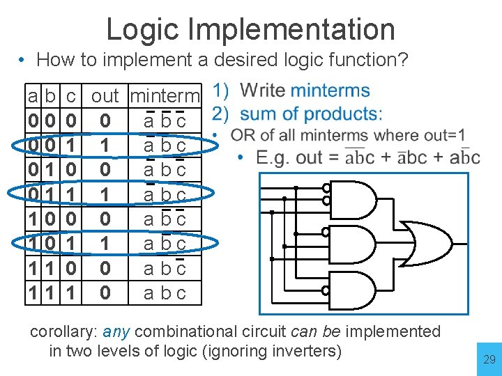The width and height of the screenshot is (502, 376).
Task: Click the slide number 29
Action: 489,360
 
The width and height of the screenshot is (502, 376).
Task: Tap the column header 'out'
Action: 105,95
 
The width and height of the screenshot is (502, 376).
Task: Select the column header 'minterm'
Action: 165,95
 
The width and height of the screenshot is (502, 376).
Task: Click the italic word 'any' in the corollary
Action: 116,331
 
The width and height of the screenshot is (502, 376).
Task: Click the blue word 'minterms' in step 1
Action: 330,91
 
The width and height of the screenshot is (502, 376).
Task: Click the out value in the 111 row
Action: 105,292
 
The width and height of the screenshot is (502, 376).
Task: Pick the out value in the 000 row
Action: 105,121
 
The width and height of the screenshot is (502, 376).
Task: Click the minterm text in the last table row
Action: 165,292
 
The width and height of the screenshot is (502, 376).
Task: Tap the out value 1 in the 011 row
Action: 105,194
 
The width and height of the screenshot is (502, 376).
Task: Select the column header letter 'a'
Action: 33,95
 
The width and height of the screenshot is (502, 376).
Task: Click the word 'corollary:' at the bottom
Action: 63,331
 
